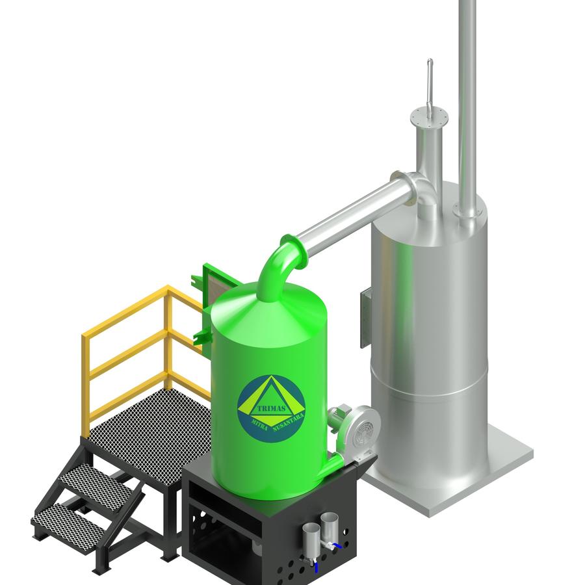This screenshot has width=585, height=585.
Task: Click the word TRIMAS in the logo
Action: [x=271, y=408]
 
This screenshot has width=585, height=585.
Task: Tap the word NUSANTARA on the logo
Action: [x=289, y=422]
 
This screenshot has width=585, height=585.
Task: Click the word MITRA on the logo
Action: [x=260, y=424]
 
